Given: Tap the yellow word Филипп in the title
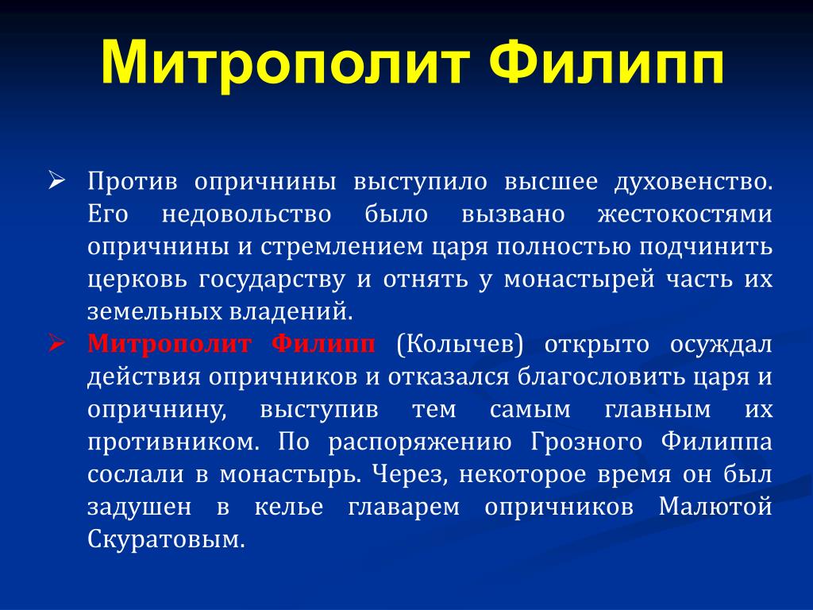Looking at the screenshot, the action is click(606, 61).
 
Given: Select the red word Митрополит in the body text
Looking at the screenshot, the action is click(170, 344).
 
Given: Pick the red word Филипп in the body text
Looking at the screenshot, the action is click(323, 344).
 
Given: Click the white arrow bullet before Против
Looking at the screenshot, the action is click(57, 180).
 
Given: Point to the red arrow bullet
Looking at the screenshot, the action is click(57, 343).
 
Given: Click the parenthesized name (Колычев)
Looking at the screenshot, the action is click(460, 344).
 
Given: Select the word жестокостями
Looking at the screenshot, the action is click(685, 214).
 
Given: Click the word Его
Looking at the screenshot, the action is click(108, 214).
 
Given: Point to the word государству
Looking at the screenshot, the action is click(272, 280).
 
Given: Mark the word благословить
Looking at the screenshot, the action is click(600, 377).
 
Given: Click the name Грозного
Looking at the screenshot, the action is click(587, 442).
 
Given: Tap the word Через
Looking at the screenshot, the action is click(410, 475).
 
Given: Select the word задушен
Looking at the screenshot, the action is click(139, 507).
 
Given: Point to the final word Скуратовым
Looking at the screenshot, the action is click(166, 539).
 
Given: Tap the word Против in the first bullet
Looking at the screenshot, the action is click(133, 182).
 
